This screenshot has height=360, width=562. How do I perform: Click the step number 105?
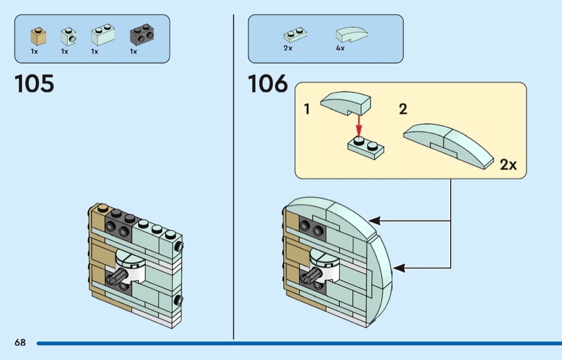tap(34, 84)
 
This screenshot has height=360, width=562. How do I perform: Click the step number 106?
tap(268, 84)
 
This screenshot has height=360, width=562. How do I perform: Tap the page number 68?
tap(20, 343)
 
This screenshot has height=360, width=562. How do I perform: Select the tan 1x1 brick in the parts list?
tap(37, 36)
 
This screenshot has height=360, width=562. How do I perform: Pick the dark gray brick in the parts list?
tap(142, 35)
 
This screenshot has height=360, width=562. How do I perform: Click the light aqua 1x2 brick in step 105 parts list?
tap(103, 36)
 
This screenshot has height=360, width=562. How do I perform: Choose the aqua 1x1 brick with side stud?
tap(68, 36)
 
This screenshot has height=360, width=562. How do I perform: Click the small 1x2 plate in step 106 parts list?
tap(295, 36)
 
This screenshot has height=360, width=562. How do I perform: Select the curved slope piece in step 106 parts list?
tap(351, 35)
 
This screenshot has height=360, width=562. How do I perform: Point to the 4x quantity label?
tap(340, 48)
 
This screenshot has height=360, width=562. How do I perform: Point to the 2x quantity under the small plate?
tap(288, 48)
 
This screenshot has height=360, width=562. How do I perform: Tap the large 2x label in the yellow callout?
tap(508, 165)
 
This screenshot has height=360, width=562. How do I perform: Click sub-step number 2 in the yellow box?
tap(402, 110)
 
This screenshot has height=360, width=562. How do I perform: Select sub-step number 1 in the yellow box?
tap(307, 110)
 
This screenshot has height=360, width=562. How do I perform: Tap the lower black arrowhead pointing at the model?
tap(398, 267)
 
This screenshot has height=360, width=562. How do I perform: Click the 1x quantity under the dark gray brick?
tap(133, 52)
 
